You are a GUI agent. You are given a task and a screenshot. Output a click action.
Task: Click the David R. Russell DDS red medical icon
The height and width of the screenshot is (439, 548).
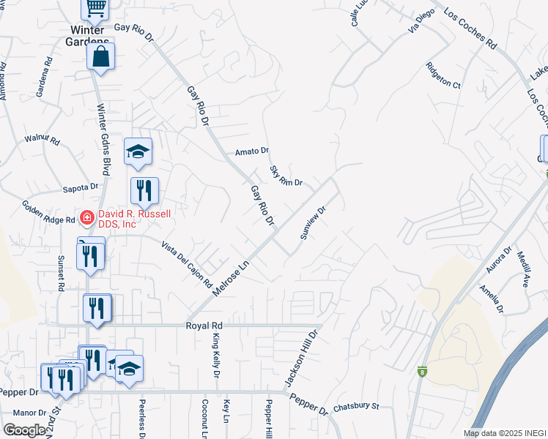click(86, 217)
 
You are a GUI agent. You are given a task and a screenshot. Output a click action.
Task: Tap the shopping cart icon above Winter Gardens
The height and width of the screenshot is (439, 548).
click(95, 8)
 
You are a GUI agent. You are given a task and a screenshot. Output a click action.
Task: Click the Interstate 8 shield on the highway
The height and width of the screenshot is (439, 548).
click(422, 371)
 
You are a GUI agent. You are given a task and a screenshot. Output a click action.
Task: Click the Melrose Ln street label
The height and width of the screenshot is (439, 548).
click(231, 277)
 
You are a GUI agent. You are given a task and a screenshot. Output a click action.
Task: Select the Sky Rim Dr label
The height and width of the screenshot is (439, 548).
click(286, 176)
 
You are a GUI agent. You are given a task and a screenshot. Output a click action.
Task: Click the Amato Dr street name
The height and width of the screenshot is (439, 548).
click(252, 151)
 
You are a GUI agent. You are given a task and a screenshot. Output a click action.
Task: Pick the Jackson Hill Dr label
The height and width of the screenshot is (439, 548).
click(302, 359)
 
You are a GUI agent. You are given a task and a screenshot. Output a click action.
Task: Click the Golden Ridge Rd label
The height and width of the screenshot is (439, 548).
click(48, 213)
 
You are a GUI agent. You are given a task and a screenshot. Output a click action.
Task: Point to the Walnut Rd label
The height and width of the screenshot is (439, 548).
click(40, 138)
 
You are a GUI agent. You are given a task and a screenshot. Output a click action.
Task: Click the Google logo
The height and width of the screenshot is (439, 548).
click(25, 429)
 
